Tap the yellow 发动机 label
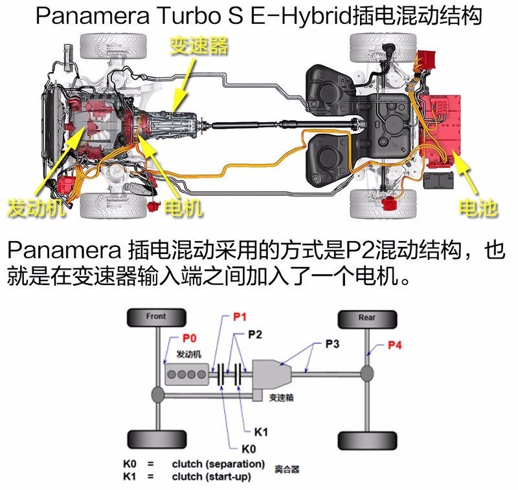[x=34, y=208]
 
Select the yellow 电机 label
[x=184, y=208]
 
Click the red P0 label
[x=189, y=338]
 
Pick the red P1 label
[x=240, y=317]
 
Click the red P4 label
[x=395, y=345]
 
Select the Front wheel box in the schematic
[x=156, y=317]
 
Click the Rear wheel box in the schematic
[x=366, y=317]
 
